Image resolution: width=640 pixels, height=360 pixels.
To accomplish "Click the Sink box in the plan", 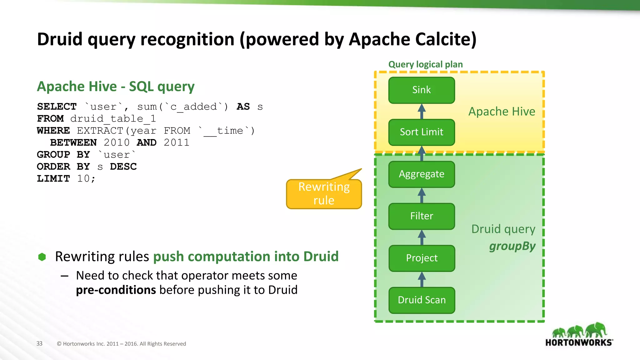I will (x=421, y=90).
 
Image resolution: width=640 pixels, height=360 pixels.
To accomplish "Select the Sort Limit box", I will (x=421, y=132).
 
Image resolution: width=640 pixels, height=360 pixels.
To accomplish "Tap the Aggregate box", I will (x=421, y=174).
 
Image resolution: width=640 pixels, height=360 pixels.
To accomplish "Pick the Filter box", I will (x=421, y=216).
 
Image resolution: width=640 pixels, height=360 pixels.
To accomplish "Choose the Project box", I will (x=421, y=258).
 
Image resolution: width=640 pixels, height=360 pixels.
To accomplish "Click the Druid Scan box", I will (x=421, y=300).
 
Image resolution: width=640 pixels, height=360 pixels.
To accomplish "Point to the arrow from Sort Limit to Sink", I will (x=422, y=111).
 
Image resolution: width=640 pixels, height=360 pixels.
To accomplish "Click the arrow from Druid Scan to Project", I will (x=422, y=279).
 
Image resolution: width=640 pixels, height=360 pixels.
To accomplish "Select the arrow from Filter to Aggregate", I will (x=422, y=195).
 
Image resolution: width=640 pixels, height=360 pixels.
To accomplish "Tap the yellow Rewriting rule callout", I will (x=324, y=194).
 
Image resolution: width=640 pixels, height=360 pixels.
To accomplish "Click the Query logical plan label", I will (x=425, y=64).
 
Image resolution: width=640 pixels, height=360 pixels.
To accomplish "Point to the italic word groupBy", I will (x=512, y=246).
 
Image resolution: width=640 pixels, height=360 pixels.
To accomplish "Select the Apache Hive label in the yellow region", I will (x=502, y=112).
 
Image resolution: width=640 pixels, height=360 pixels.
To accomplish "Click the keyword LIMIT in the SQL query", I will (x=53, y=178).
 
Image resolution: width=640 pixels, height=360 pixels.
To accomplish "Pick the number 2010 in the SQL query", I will (x=117, y=142).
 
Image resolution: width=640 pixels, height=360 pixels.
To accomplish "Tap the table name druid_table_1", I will (x=113, y=119).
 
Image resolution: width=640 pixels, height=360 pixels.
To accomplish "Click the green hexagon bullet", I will (x=42, y=257).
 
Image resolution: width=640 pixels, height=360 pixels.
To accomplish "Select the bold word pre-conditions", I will (x=116, y=290).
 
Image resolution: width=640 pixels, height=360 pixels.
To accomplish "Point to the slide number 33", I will (x=39, y=343).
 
